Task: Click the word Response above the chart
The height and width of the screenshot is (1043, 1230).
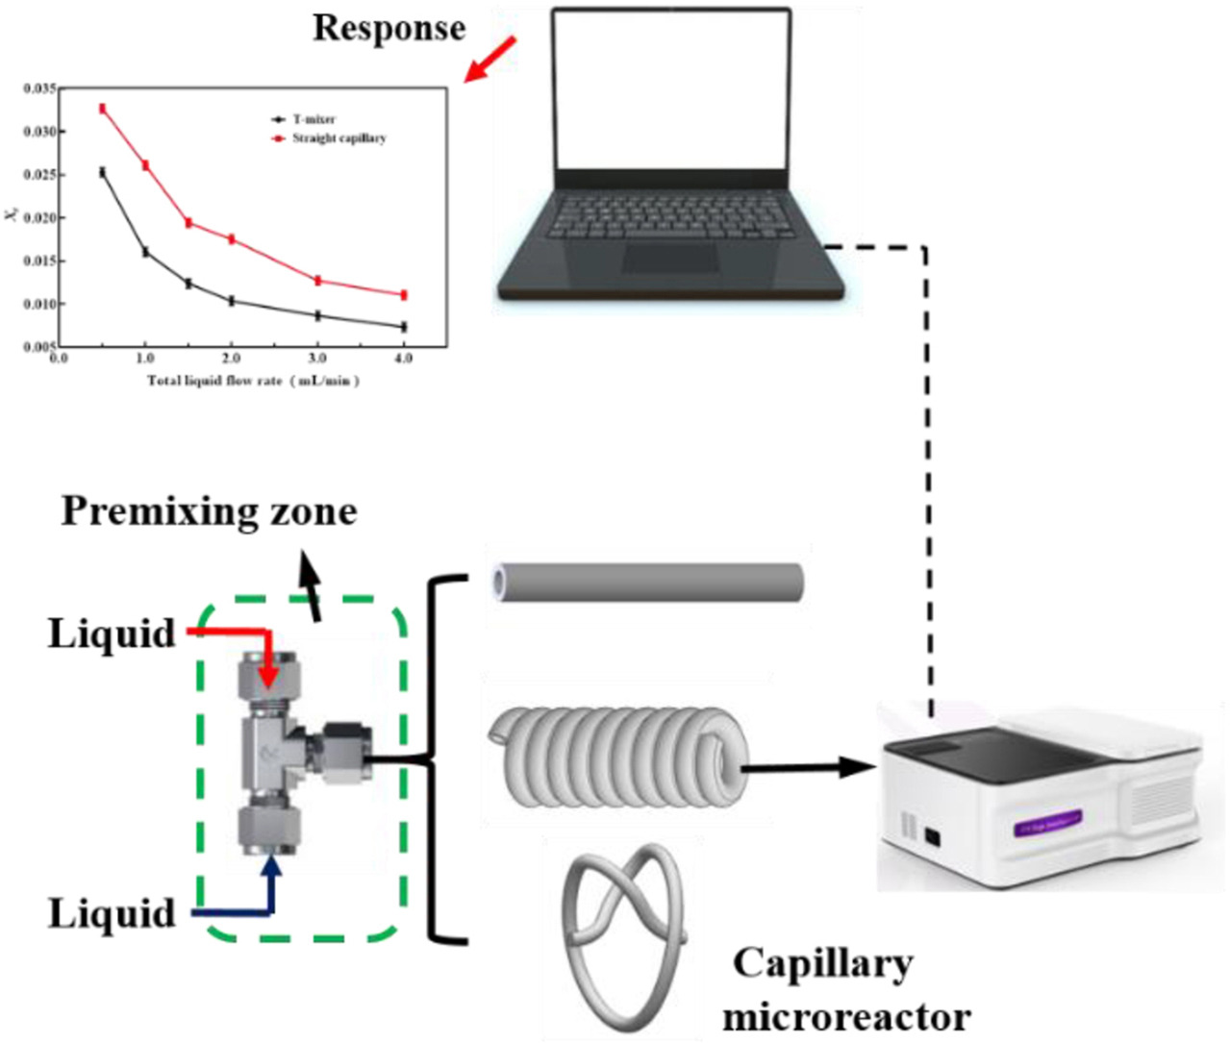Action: point(389,29)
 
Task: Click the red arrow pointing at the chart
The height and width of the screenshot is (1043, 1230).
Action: point(490,61)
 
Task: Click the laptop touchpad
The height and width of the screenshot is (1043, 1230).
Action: point(670,258)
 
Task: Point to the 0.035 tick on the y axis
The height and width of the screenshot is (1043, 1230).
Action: point(39,88)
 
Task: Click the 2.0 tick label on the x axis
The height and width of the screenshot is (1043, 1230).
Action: point(231,359)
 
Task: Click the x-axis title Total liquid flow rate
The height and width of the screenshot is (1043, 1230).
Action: point(253,381)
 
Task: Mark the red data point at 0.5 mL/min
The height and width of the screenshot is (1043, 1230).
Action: point(102,109)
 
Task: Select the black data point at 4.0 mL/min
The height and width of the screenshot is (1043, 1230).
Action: point(404,327)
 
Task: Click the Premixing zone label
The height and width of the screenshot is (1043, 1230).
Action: point(209,510)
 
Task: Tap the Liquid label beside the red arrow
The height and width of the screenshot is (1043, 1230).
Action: point(112,633)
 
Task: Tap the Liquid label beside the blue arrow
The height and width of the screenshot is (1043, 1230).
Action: point(112,912)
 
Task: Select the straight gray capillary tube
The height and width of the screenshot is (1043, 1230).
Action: point(646,583)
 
